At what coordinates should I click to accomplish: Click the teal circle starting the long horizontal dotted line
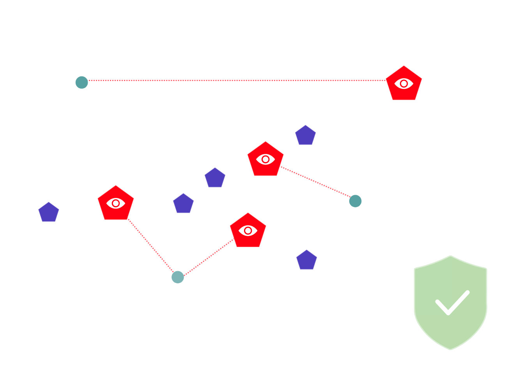click(x=81, y=83)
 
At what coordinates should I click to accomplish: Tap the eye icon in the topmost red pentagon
click(x=404, y=83)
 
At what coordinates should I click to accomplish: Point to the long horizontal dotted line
click(x=234, y=81)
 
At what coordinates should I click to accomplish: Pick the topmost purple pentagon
click(x=305, y=136)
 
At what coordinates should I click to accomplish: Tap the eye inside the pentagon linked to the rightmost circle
click(x=265, y=159)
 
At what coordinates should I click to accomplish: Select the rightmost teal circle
click(x=355, y=201)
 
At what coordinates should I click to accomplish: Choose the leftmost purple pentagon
click(x=49, y=213)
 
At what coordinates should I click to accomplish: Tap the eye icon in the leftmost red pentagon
click(x=116, y=203)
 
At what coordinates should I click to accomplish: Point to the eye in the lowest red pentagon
click(x=248, y=230)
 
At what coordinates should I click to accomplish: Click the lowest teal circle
click(x=178, y=277)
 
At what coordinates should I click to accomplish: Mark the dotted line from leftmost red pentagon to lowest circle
click(x=151, y=246)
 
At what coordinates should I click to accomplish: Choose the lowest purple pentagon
click(x=306, y=260)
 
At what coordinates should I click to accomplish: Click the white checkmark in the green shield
click(x=451, y=302)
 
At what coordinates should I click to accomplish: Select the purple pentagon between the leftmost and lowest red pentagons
click(x=183, y=204)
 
